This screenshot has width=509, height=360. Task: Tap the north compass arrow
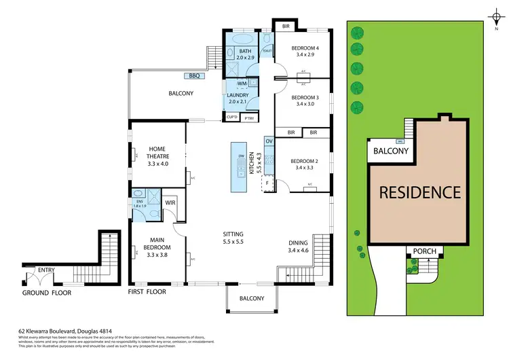pyautogui.click(x=493, y=15)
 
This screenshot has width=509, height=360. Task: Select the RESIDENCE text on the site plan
pyautogui.click(x=419, y=192)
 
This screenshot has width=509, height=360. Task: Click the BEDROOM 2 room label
pyautogui.click(x=303, y=161)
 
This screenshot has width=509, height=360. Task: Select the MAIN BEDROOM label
pyautogui.click(x=157, y=244)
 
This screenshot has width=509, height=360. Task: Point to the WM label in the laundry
pyautogui.click(x=242, y=83)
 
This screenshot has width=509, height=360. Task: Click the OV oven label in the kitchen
pyautogui.click(x=269, y=141)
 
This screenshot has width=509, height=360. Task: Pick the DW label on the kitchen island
pyautogui.click(x=240, y=157)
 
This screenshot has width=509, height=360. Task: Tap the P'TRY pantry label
pyautogui.click(x=248, y=119)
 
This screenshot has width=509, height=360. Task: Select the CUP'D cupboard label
pyautogui.click(x=231, y=119)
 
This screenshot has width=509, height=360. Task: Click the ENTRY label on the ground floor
pyautogui.click(x=47, y=270)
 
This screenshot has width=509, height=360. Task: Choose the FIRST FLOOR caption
pyautogui.click(x=147, y=292)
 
